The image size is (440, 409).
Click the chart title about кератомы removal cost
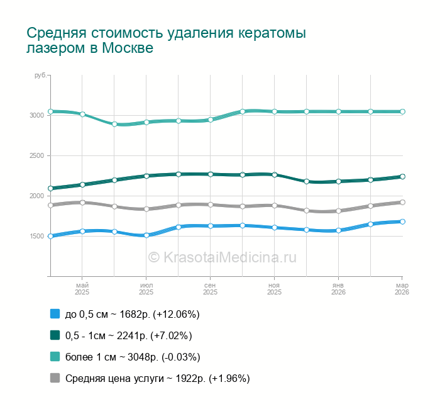coord(167,40)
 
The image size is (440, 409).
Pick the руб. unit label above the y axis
coord(40,76)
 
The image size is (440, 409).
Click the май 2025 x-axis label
coord(82,288)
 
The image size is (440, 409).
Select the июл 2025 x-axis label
coord(146,288)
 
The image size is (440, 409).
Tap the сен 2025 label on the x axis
coord(211,288)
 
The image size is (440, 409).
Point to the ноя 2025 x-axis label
coord(274,288)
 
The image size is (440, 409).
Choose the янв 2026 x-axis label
coord(338,288)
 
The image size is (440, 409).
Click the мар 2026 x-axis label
coord(402,288)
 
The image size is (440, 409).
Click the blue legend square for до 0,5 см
coord(55,314)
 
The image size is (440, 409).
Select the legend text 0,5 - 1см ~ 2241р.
coord(128,335)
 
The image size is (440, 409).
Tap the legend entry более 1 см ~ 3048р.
coord(133,357)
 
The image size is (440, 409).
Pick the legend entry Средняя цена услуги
coord(157,378)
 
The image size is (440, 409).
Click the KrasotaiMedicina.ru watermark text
coord(221,257)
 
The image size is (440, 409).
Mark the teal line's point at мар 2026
coord(402,111)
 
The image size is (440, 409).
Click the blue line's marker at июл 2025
coord(146,235)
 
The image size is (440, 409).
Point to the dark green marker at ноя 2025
coord(274,174)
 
